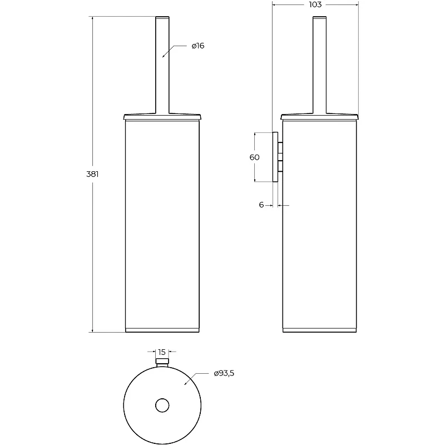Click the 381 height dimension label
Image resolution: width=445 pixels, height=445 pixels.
[x=92, y=174]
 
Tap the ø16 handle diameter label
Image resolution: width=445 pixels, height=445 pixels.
[x=198, y=46]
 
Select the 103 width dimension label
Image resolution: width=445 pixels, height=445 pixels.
[x=315, y=4]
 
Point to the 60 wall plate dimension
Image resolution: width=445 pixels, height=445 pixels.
[x=254, y=157]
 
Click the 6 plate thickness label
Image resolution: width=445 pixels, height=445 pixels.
[x=261, y=205]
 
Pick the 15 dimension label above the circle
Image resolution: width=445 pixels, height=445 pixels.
[x=162, y=352]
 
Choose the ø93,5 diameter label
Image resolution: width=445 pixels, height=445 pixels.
[x=224, y=373]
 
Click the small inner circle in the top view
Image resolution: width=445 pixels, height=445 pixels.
[x=162, y=406]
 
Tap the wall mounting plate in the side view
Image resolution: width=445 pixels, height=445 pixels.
[x=275, y=157]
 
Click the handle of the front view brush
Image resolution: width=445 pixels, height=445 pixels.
[x=162, y=65]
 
